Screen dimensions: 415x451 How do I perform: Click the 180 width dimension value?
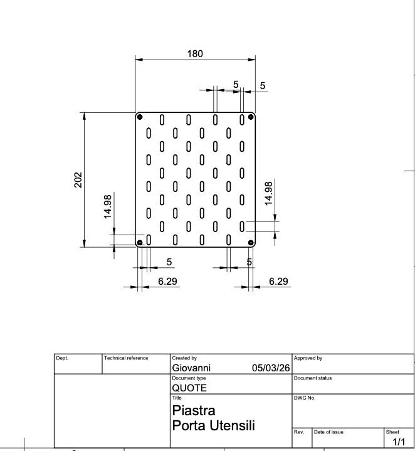click(195, 54)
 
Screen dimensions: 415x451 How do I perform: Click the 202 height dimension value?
click(78, 180)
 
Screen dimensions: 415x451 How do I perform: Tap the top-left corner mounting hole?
click(140, 117)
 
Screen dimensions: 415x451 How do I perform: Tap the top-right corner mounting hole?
click(251, 117)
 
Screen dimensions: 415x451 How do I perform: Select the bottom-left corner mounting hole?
click(140, 243)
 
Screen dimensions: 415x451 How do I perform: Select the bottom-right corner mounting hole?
click(251, 243)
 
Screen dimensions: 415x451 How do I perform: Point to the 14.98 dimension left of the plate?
click(107, 207)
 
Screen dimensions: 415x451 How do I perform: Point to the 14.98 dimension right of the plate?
click(268, 194)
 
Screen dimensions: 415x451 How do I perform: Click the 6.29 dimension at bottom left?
click(167, 281)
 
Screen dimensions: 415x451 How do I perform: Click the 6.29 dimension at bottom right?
click(278, 281)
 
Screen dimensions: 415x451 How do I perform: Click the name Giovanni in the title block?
click(191, 368)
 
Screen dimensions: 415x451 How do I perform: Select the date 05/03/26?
click(271, 368)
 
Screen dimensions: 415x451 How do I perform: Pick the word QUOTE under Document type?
click(189, 388)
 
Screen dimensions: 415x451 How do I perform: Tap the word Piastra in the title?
click(194, 410)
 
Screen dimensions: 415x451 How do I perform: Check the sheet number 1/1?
click(399, 442)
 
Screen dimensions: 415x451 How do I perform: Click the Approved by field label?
click(308, 358)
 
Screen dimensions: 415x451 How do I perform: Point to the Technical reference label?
click(126, 358)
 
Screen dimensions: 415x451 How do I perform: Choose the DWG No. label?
click(305, 398)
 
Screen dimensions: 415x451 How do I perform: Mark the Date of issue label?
click(328, 432)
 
